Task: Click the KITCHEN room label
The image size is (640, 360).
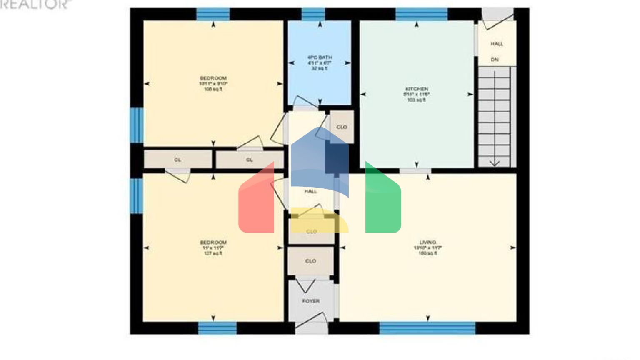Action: pos(417,89)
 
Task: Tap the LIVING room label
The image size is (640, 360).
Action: pos(427,242)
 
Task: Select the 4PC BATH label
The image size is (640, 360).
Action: pos(320,57)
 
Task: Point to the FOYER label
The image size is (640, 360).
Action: pos(311,301)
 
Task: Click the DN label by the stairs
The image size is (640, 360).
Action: pos(495,60)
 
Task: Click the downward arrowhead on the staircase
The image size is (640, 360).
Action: pos(495,163)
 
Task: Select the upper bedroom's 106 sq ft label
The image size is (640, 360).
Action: pos(213,89)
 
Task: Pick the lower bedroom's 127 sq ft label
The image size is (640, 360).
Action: pos(213,253)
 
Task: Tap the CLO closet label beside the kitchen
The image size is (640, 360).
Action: pos(342,127)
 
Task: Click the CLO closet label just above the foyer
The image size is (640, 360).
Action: pos(311,261)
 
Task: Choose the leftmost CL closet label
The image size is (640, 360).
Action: pos(177,160)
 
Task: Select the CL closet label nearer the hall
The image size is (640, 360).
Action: pos(249,160)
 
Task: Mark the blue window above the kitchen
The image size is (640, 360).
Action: pos(421,14)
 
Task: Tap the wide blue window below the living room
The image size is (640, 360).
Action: pos(427,328)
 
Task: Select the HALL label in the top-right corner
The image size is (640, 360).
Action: pos(497,44)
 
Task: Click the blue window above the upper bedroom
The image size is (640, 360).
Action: pos(213,14)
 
